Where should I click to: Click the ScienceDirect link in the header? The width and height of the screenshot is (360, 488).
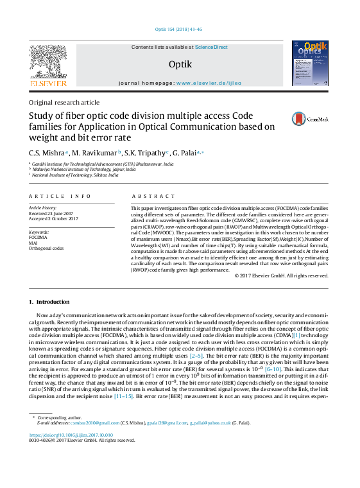coord(211,47)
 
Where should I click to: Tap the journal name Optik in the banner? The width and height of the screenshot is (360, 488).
coord(179,64)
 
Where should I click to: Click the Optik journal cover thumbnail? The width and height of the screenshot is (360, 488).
coord(310,63)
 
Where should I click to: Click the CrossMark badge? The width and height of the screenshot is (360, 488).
coord(310,119)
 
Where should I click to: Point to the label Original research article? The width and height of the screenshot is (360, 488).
coord(64,102)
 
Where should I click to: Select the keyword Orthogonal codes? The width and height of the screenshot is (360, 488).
coord(46,248)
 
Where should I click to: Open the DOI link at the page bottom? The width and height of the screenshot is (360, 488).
coord(71,435)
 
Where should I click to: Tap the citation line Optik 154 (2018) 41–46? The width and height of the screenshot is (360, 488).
coord(179,30)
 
